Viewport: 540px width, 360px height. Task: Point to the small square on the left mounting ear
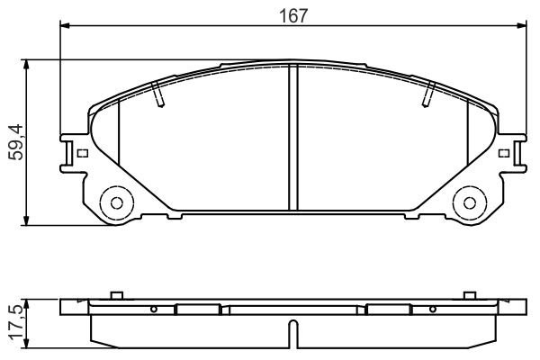(82, 152)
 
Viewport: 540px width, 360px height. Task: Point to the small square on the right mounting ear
(501, 152)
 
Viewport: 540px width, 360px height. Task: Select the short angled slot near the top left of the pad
(158, 93)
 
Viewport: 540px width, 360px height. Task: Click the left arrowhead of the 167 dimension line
(65, 27)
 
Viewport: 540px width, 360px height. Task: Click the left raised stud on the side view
(114, 295)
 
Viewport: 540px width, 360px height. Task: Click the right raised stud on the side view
(468, 295)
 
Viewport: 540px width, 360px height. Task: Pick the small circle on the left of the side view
(154, 310)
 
